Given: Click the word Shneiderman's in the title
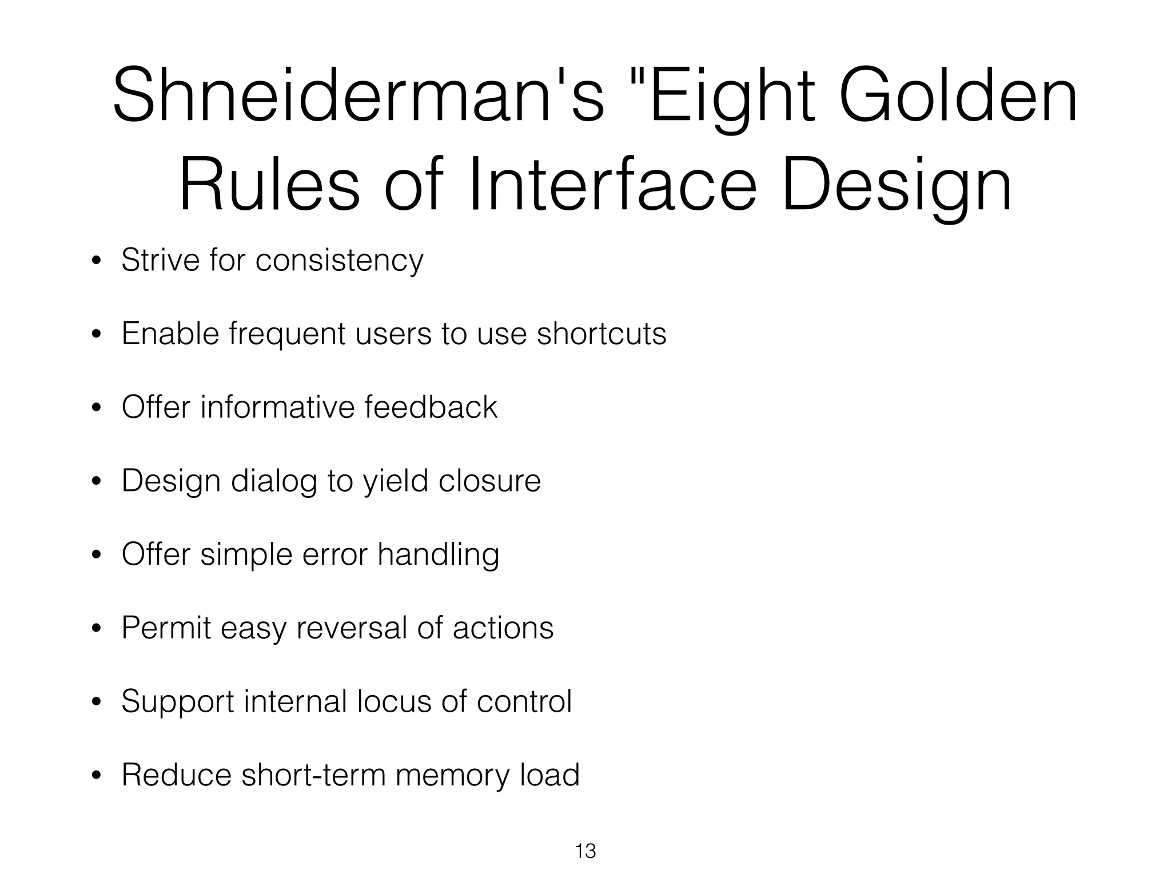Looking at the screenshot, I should tap(358, 96).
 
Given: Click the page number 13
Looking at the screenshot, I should tap(585, 851).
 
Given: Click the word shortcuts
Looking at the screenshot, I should tap(602, 334).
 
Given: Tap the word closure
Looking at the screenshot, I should tap(489, 481).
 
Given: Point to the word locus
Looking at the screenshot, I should tap(394, 701).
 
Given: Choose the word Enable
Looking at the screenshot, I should tap(170, 334).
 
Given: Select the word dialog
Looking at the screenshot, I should tap(274, 482).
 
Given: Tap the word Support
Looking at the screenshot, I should tap(178, 703).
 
